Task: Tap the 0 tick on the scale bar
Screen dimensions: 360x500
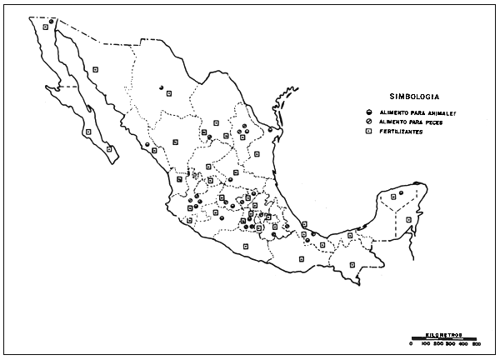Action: coord(411,342)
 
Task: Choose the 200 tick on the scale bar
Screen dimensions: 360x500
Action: coord(438,342)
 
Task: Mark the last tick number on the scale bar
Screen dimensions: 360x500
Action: coord(477,342)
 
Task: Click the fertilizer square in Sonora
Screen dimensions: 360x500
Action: coord(96,70)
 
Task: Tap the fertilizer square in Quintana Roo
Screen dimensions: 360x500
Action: coord(408,219)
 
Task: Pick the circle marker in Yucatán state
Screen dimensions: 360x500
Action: coord(401,194)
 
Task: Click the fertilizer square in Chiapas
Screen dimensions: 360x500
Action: coord(352,263)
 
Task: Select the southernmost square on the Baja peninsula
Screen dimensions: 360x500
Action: coord(109,149)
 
